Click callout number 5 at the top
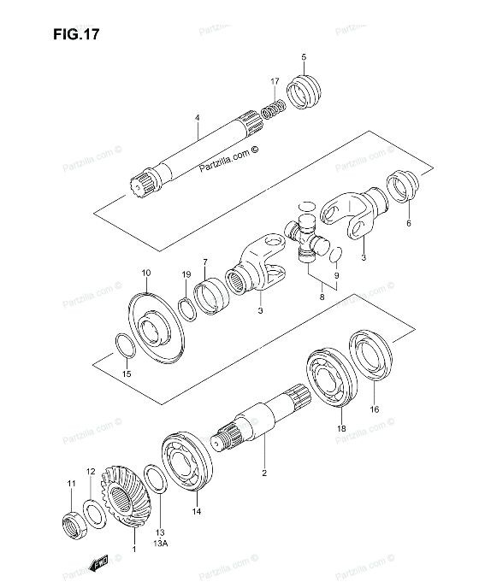point(304,57)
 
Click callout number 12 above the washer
point(91,471)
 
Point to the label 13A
point(161,542)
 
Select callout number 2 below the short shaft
point(264,472)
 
